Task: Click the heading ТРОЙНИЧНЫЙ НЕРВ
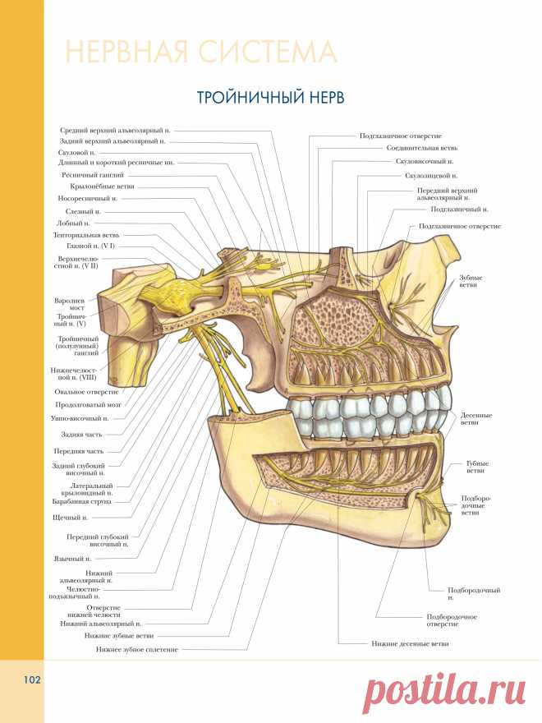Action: (270, 97)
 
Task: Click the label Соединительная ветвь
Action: (416, 148)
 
